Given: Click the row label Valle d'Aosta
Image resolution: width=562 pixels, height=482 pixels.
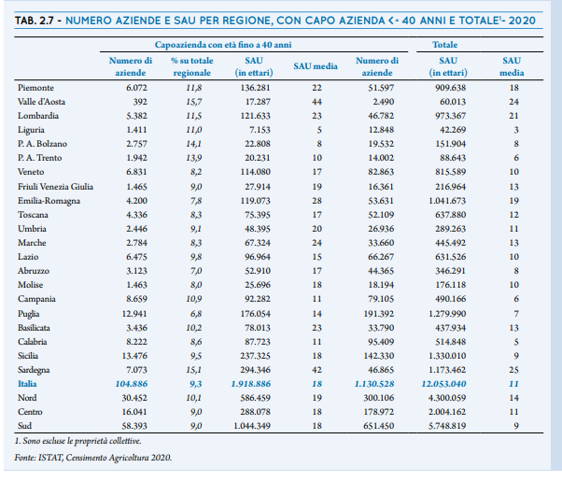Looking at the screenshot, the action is point(41,102).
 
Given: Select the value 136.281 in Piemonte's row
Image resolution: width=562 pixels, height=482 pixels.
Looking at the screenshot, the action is point(255,88).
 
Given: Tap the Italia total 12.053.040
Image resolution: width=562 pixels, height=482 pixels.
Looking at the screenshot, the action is point(443,384).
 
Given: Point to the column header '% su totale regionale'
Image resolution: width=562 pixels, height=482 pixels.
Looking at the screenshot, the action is point(192,66).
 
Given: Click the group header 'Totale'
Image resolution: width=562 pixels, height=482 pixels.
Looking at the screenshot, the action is point(444,45).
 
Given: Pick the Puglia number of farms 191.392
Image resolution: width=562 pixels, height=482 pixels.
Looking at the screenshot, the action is point(379,314).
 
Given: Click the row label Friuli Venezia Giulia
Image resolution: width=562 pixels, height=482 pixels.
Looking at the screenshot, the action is point(56,187).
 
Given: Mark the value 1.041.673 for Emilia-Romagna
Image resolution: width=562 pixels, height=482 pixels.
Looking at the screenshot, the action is point(447,201).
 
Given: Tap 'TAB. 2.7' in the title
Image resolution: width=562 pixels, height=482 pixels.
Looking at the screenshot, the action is point(34,21).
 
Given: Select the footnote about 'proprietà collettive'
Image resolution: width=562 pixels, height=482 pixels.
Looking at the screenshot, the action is point(77,441).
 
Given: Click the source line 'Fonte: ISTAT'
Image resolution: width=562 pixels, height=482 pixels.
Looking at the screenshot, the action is point(93,458).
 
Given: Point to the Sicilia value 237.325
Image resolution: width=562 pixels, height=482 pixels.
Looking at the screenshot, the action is point(255,356).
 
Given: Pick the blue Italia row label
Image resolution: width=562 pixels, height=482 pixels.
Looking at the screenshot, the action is point(27,384).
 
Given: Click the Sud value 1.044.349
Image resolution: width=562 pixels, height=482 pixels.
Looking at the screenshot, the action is point(252,426).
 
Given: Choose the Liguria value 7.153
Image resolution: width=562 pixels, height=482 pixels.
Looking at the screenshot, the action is point(260,130).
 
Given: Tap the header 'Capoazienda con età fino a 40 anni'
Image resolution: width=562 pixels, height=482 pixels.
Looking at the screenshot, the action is point(223,45).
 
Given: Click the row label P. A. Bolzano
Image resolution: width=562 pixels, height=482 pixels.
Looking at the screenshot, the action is point(42,144).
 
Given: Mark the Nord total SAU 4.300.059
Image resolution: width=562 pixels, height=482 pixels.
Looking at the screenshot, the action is point(447,398).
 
